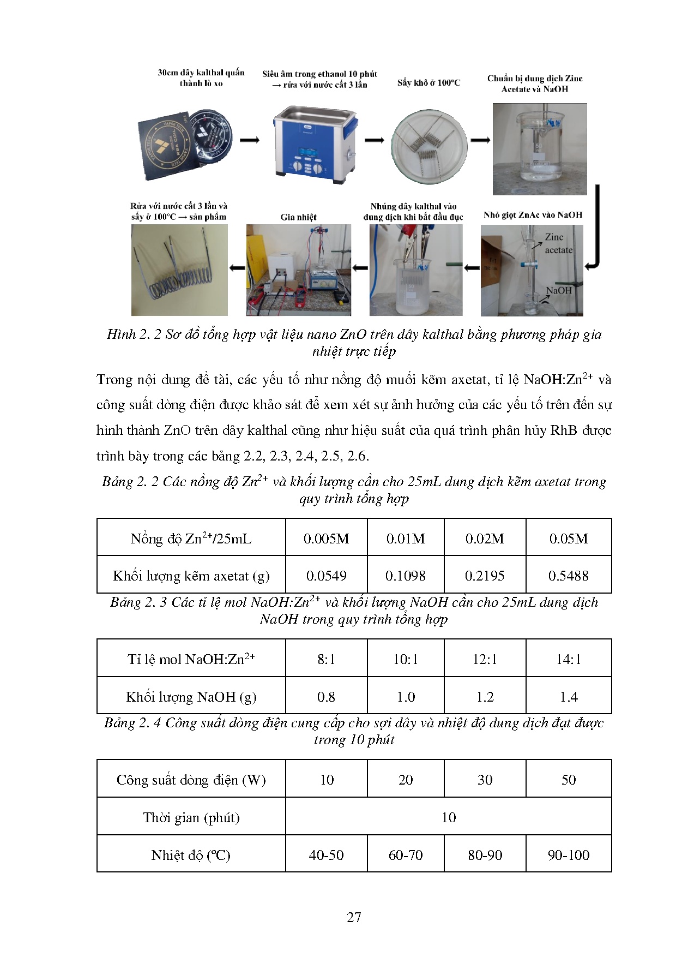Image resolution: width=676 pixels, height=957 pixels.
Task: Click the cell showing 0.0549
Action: (326, 576)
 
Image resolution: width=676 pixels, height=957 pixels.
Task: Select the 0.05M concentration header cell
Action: (568, 539)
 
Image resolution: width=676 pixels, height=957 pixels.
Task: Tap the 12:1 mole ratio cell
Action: (485, 659)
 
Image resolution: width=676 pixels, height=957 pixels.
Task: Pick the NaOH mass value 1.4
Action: (568, 697)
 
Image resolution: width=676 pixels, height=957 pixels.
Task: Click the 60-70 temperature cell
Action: (405, 855)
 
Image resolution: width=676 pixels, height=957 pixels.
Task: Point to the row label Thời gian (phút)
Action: (191, 817)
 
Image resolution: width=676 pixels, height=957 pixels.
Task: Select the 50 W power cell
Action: (568, 780)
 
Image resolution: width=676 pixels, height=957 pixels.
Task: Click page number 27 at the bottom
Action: (354, 917)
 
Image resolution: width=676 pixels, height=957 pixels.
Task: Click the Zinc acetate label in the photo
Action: (558, 243)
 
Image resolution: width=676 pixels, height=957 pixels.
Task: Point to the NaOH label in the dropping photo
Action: (559, 290)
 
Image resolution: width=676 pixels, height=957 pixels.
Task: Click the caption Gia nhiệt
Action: (298, 217)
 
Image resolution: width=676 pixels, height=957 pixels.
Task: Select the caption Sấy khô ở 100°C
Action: (428, 83)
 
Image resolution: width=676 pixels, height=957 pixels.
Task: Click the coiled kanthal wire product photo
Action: (179, 270)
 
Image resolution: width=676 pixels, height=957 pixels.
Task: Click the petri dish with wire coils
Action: (429, 145)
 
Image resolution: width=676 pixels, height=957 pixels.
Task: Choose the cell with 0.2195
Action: (485, 576)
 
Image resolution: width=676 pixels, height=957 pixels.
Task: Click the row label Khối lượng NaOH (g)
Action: (191, 697)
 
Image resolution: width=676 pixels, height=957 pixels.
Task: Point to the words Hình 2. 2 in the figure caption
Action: (134, 334)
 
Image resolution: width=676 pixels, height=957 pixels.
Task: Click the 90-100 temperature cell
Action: (568, 855)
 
